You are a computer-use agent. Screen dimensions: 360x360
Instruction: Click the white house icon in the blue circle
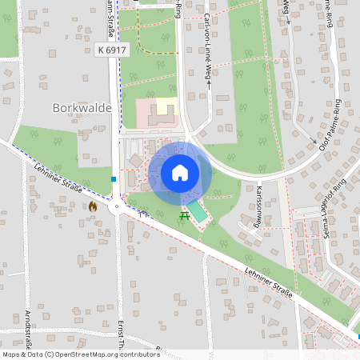click(180, 172)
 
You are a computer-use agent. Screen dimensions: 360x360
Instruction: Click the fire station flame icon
click(93, 206)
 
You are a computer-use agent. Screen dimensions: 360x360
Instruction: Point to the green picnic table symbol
click(186, 215)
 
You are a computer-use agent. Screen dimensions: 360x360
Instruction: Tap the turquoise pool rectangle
click(197, 211)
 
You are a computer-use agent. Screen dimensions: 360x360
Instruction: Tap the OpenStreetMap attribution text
click(80, 354)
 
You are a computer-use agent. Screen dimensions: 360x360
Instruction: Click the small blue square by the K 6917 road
click(114, 178)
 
